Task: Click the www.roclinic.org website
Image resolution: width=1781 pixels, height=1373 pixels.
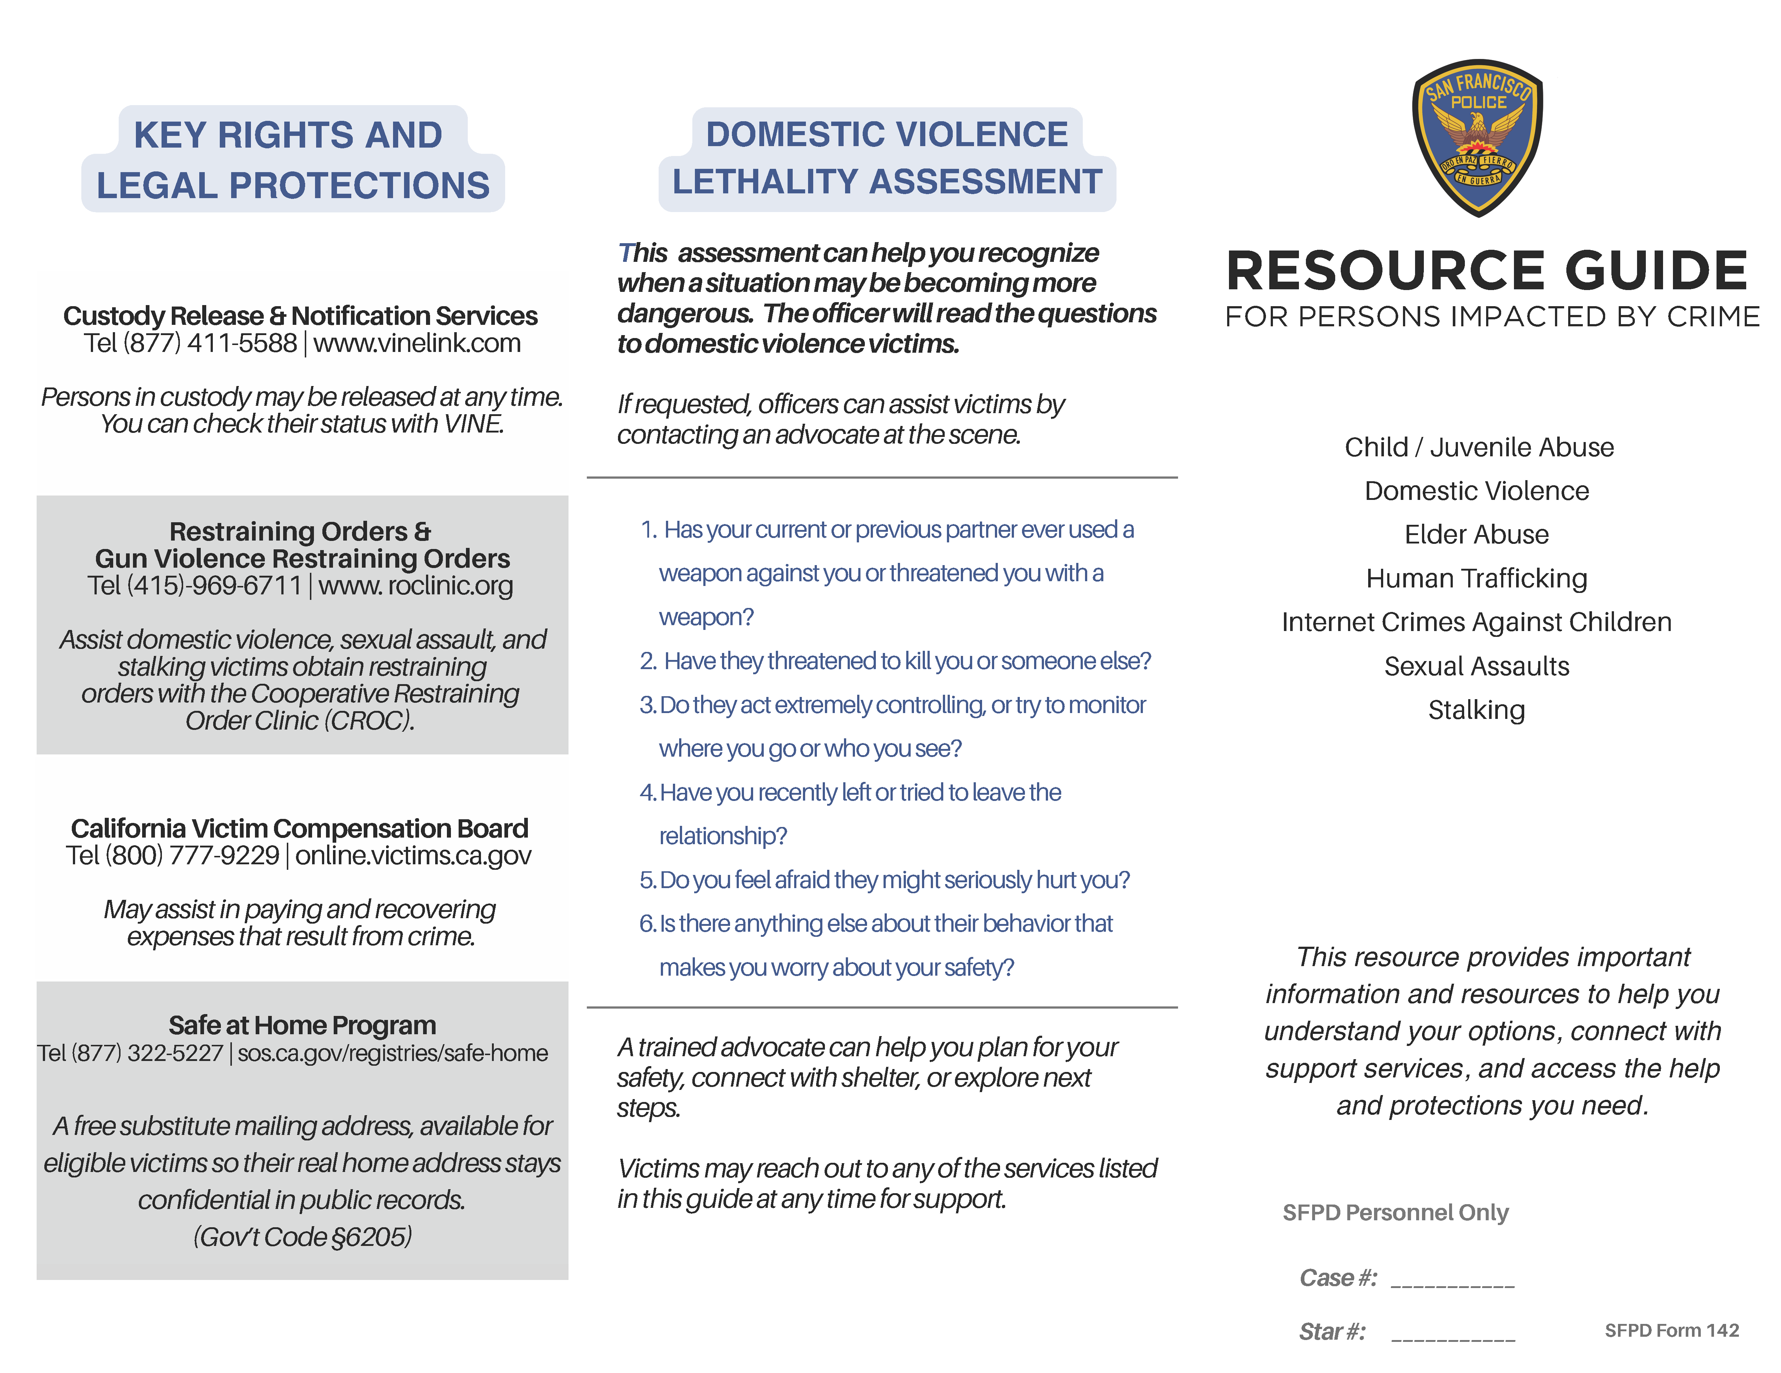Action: coord(416,585)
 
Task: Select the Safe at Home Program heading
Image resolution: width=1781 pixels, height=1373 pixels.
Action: coord(302,1025)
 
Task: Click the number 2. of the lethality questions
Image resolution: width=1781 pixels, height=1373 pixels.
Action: coord(648,661)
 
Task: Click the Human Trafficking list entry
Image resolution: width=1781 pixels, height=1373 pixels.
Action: coord(1476,578)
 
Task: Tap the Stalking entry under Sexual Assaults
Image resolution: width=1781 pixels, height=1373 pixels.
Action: coord(1476,710)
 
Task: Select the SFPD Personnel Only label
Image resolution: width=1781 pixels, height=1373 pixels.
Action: coord(1395,1212)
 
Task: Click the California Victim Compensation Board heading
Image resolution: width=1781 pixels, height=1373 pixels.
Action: coord(299,828)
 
